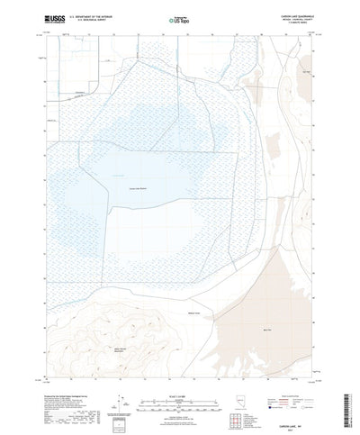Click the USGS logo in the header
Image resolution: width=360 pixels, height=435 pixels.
pyautogui.click(x=45, y=17)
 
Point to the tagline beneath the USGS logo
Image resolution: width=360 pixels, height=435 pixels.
pyautogui.click(x=45, y=24)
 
